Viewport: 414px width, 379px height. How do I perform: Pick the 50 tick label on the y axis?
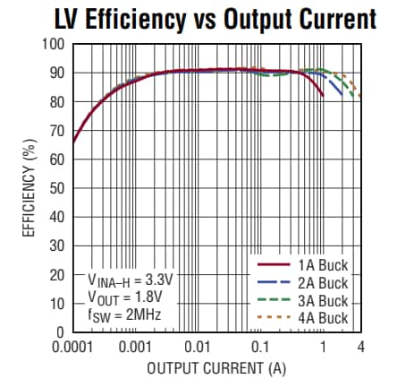pyautogui.click(x=57, y=188)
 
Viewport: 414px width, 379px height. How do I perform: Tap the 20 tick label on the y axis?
pyautogui.click(x=57, y=274)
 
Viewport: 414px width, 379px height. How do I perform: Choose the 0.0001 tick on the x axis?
pyautogui.click(x=72, y=346)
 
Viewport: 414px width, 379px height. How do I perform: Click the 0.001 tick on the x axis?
pyautogui.click(x=134, y=346)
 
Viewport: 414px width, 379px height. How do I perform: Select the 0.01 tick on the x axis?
pyautogui.click(x=198, y=346)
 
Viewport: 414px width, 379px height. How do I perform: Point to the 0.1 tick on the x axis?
pyautogui.click(x=260, y=346)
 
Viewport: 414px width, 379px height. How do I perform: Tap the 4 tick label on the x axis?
pyautogui.click(x=360, y=346)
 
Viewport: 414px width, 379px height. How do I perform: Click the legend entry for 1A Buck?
pyautogui.click(x=318, y=265)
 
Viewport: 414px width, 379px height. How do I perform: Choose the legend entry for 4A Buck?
pyautogui.click(x=318, y=316)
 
